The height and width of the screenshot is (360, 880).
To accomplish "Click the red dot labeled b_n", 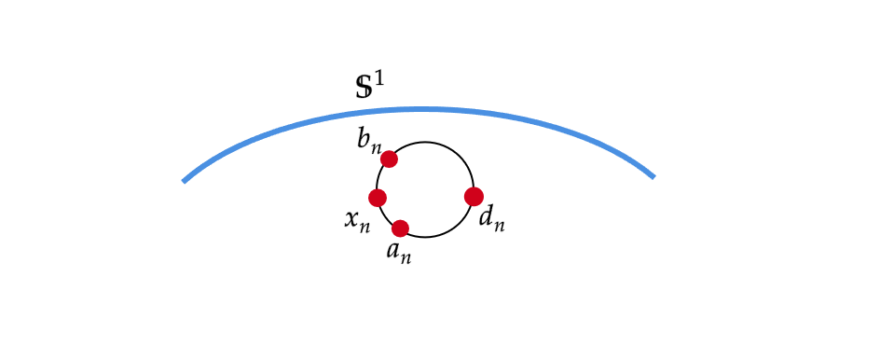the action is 390,159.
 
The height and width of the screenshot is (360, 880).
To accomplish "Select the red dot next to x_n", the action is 378,198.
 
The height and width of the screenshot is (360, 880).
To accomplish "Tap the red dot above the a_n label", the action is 400,228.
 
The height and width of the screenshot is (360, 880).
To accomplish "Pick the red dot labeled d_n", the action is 474,197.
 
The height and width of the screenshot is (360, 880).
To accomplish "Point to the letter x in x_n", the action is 352,219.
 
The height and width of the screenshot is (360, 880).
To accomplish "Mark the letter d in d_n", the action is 486,218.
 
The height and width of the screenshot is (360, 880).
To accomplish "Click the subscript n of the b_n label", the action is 376,146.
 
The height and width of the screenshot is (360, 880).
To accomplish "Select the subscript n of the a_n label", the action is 406,256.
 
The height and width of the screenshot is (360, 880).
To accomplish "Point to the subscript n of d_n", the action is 499,225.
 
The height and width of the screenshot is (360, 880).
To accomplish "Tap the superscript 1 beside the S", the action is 378,78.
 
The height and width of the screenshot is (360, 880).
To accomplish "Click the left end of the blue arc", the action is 185,181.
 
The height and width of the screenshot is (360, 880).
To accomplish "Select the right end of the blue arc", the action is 653,176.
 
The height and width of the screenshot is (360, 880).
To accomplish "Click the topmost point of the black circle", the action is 425,142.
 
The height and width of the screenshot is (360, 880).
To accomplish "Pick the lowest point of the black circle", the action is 425,237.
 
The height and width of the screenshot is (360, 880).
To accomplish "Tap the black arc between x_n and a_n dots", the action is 386,215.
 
